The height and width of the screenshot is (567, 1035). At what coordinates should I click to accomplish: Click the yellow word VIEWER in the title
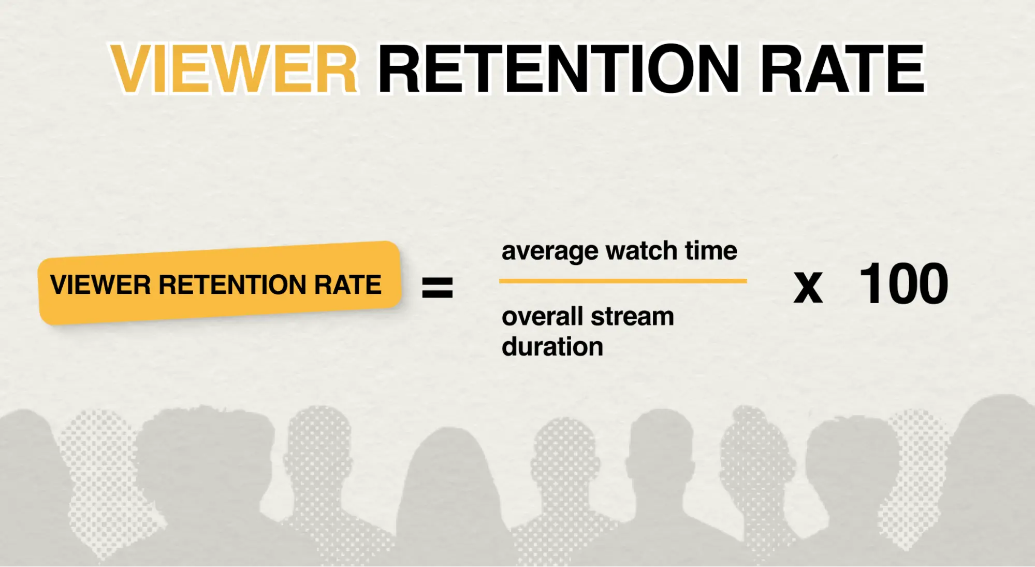click(x=234, y=68)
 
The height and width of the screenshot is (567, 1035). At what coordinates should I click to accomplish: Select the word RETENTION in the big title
click(x=559, y=68)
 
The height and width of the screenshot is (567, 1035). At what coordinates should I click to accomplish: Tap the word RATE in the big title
click(x=842, y=68)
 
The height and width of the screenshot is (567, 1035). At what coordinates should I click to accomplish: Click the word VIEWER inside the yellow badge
click(x=100, y=285)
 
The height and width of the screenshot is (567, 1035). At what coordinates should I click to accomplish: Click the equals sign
click(x=438, y=288)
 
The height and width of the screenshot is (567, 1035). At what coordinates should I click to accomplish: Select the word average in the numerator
click(x=550, y=252)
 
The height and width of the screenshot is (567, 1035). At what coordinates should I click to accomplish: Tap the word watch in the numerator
click(x=642, y=250)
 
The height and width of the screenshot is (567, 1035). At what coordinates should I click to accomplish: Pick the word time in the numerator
click(x=711, y=250)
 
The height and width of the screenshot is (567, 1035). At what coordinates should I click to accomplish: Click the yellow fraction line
click(x=623, y=281)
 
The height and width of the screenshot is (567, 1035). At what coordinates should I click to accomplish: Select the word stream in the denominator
click(x=632, y=317)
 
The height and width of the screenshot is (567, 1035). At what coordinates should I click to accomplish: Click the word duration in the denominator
click(x=552, y=346)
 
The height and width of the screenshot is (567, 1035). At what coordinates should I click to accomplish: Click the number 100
click(x=903, y=283)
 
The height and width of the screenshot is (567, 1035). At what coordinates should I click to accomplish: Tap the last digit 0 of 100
click(x=929, y=283)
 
